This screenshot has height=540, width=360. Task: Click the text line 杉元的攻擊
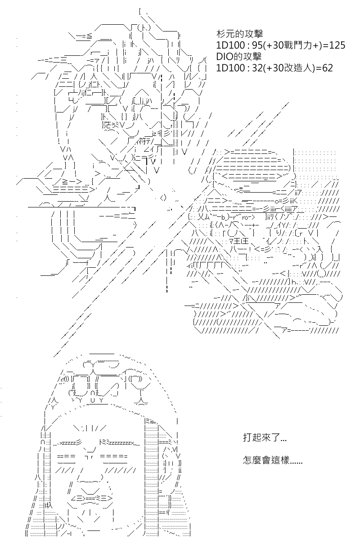[239, 34]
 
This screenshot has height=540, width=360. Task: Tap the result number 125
[337, 45]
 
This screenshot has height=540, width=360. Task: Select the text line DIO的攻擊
[238, 56]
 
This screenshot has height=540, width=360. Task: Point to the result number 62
[328, 68]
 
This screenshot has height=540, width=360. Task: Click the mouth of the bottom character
[92, 499]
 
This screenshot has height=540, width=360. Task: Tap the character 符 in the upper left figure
[142, 141]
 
